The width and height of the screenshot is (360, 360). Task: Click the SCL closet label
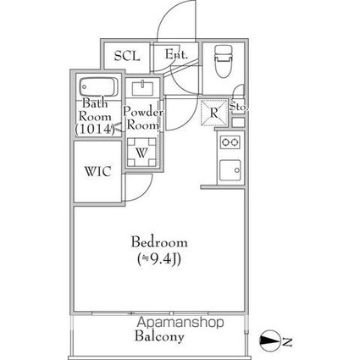tap(127, 56)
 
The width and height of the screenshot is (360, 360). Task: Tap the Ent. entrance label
tap(176, 54)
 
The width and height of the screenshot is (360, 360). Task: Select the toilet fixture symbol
tap(224, 61)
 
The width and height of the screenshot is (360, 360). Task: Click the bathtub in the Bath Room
tap(98, 87)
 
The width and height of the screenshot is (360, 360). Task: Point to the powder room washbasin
tap(143, 88)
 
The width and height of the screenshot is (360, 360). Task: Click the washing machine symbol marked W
tap(141, 152)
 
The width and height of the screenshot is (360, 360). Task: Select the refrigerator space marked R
tap(214, 113)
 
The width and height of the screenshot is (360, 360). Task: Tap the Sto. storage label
tap(239, 107)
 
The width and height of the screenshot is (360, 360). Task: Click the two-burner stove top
tap(230, 142)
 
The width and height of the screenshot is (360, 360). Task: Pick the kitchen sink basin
tap(230, 170)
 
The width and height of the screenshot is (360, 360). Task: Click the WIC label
tap(98, 171)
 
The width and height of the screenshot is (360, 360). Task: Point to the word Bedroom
tap(159, 242)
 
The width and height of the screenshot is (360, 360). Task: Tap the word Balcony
tap(159, 336)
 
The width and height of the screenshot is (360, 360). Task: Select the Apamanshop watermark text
tap(180, 322)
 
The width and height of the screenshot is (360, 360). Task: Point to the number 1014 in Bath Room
tap(95, 129)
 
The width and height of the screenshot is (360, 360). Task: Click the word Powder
tap(143, 112)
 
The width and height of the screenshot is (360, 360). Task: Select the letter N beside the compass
tap(287, 342)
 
